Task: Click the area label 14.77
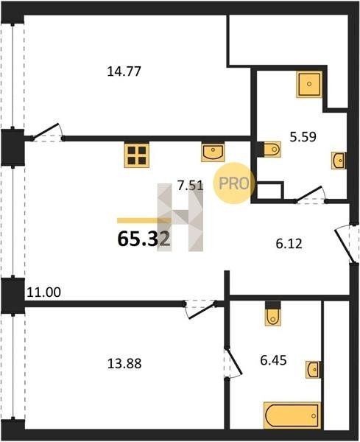(124, 71)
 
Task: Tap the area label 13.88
(124, 364)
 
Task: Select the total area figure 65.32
(144, 239)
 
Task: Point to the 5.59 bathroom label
(303, 137)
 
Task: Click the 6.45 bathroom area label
(273, 360)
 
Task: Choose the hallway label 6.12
(289, 244)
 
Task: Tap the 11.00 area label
(43, 292)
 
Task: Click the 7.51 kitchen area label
(190, 186)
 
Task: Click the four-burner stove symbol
(137, 155)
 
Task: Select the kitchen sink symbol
(213, 152)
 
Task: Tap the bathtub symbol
(292, 416)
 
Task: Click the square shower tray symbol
(309, 84)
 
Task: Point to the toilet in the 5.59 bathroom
(270, 149)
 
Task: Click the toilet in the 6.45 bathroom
(273, 314)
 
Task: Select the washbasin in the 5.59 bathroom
(339, 161)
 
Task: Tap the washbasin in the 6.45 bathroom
(313, 369)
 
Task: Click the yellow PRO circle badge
(234, 183)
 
